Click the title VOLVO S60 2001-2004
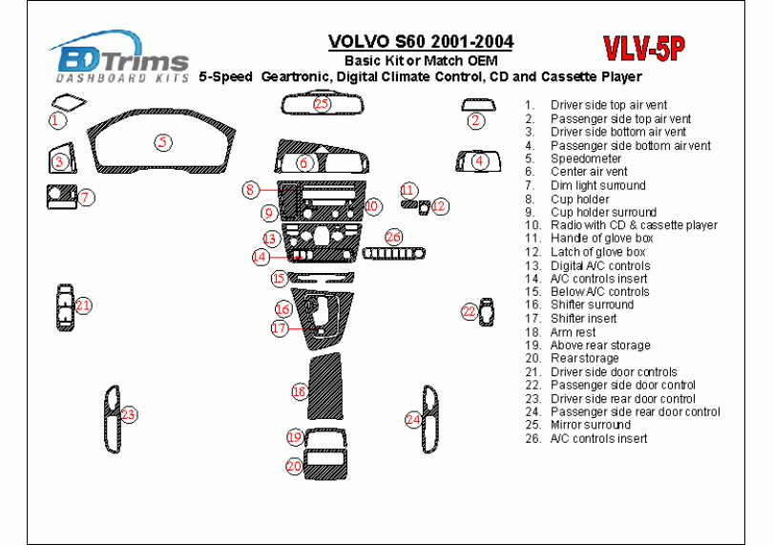[x=420, y=42]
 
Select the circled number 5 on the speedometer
[x=163, y=142]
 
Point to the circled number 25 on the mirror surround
[x=322, y=103]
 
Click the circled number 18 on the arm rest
[x=300, y=391]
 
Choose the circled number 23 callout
[x=128, y=414]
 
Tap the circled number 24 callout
[x=413, y=419]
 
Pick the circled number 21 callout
[x=84, y=305]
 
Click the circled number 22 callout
[x=470, y=311]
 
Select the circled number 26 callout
[x=394, y=236]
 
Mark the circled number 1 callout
[x=58, y=120]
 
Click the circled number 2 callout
[x=475, y=120]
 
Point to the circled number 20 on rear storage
[x=295, y=466]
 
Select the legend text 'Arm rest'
[x=573, y=332]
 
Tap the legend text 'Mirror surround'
[x=590, y=425]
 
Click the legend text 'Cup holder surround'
[x=603, y=212]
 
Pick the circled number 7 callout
[x=85, y=198]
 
